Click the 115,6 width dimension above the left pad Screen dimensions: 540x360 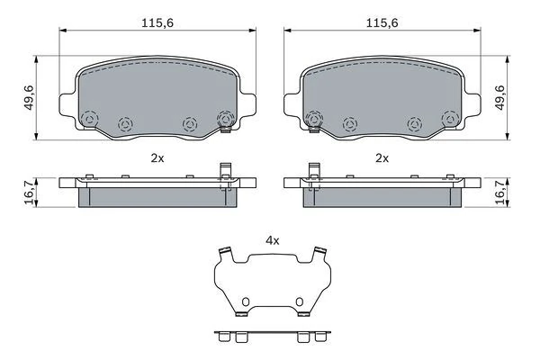[x=157, y=23]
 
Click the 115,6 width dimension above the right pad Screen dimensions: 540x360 [x=382, y=23]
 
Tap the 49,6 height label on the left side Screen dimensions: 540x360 [x=30, y=98]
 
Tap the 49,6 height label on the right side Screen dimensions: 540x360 [x=499, y=98]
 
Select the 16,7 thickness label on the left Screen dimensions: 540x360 [x=30, y=193]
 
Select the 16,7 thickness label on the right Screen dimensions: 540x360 [x=499, y=193]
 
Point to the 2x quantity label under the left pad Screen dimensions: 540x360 [x=157, y=158]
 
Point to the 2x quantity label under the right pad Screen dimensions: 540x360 [x=382, y=158]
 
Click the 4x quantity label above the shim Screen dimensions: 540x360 [x=273, y=241]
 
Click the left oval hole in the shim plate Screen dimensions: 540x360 [x=246, y=301]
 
